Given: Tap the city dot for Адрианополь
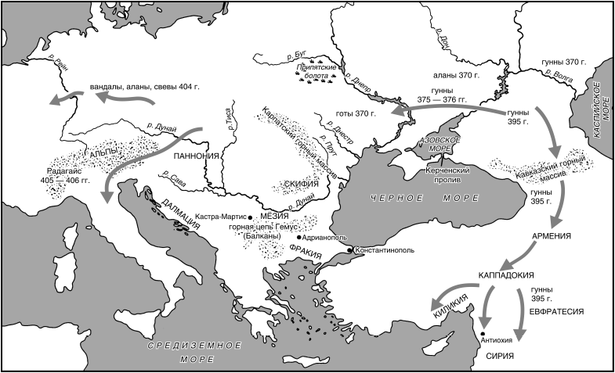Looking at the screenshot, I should point(299,236).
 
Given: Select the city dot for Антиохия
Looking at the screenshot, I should point(483,335).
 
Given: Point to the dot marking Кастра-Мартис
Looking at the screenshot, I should point(250,217).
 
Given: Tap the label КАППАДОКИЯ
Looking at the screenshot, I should point(506,276).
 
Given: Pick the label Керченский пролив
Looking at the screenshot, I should point(447,174).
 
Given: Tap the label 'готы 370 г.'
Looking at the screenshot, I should point(357,114).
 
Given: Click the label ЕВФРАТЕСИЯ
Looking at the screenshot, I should point(561,311).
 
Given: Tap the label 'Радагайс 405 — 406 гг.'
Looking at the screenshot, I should point(69,174).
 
